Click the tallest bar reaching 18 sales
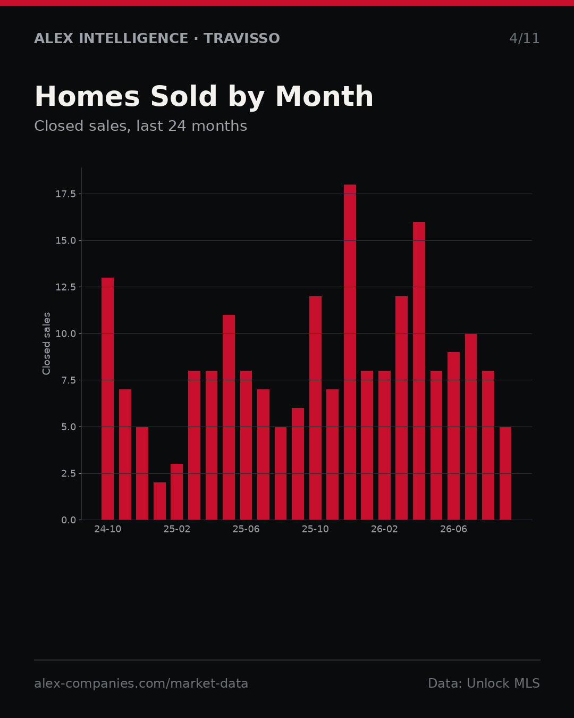click(350, 352)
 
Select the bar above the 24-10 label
click(108, 399)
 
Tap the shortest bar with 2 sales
click(159, 501)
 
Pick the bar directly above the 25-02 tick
click(177, 492)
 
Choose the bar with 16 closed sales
click(419, 371)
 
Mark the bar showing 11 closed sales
click(229, 418)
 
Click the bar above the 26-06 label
click(453, 436)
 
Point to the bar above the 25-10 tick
click(315, 408)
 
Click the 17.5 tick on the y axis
click(66, 194)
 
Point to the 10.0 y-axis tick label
click(66, 334)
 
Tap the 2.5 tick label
click(69, 474)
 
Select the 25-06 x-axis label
click(246, 529)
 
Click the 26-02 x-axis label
click(385, 529)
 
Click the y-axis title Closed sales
click(46, 344)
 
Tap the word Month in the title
click(325, 96)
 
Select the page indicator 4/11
click(524, 38)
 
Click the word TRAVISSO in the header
click(241, 38)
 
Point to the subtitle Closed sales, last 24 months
click(141, 126)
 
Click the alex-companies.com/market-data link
click(141, 683)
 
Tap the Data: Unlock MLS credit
click(484, 683)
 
